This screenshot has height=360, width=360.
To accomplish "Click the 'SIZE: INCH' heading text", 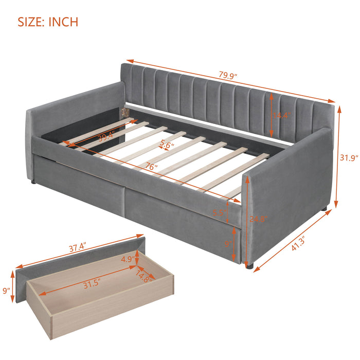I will click(48, 22).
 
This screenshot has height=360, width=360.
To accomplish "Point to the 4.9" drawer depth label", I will click(127, 259).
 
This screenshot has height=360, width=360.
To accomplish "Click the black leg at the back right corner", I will click(325, 209).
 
